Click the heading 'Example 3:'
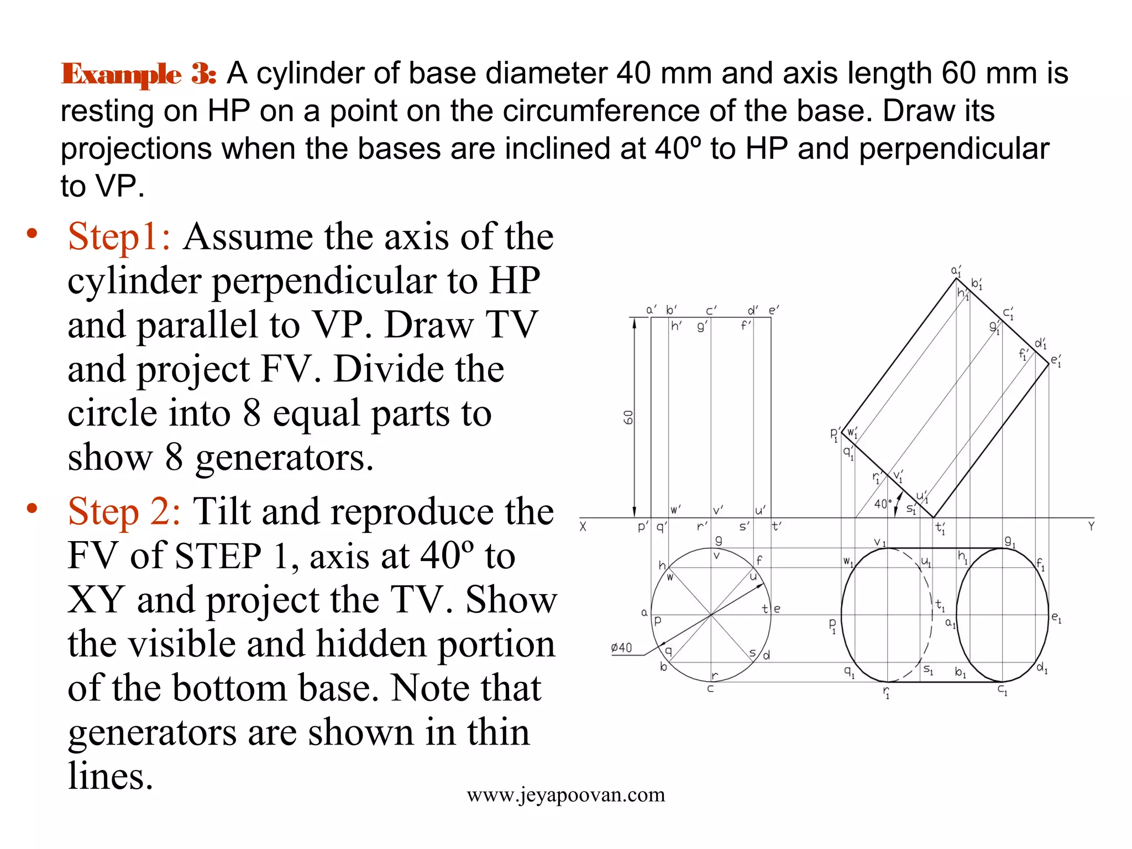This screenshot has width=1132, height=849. [x=138, y=74]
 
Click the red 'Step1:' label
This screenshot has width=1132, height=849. [x=119, y=237]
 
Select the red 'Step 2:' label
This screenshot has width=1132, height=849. [x=124, y=511]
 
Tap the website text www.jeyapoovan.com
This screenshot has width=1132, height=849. [x=565, y=795]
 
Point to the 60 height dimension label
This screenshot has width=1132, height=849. [x=628, y=417]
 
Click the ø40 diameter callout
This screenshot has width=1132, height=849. [x=621, y=647]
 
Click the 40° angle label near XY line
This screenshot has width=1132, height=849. [x=882, y=504]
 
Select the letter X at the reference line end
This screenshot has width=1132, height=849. [x=583, y=527]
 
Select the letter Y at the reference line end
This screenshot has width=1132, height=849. [x=1091, y=527]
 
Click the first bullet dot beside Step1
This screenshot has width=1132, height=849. [x=32, y=233]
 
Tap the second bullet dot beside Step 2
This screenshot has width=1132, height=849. [x=32, y=508]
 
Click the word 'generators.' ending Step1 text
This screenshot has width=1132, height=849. [x=284, y=458]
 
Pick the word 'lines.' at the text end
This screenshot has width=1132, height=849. [x=110, y=776]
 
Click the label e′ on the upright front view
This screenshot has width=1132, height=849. [x=773, y=310]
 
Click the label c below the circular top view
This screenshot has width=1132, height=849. [x=710, y=689]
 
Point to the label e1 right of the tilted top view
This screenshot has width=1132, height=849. [x=1056, y=617]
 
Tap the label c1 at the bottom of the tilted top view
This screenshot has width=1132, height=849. [x=1002, y=690]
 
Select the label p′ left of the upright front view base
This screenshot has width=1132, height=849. [x=642, y=527]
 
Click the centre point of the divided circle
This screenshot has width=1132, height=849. [x=711, y=615]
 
